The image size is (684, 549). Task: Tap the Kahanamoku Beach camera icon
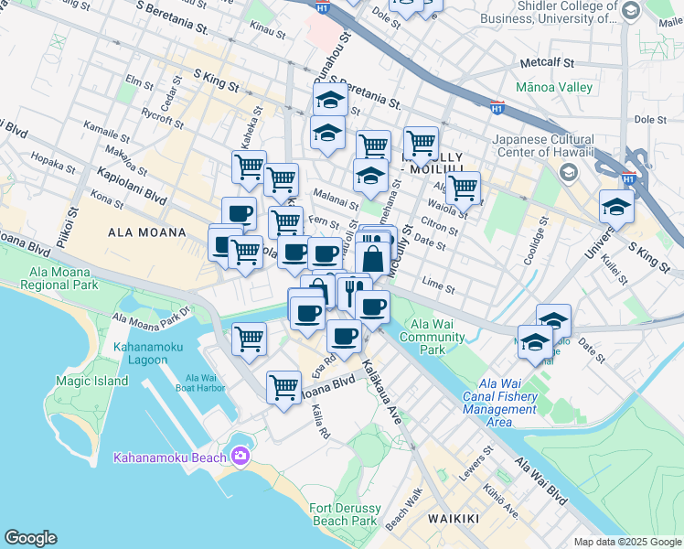(240, 455)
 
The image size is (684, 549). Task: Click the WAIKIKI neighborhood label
(454, 519)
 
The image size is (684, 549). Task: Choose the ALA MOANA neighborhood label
(146, 232)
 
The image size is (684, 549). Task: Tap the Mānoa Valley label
(554, 88)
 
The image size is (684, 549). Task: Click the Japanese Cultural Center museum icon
(569, 172)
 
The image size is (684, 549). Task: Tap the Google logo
(30, 538)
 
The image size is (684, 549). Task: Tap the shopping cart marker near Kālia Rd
(283, 385)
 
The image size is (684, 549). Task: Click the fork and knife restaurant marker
(352, 291)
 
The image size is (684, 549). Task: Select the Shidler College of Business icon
(631, 11)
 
